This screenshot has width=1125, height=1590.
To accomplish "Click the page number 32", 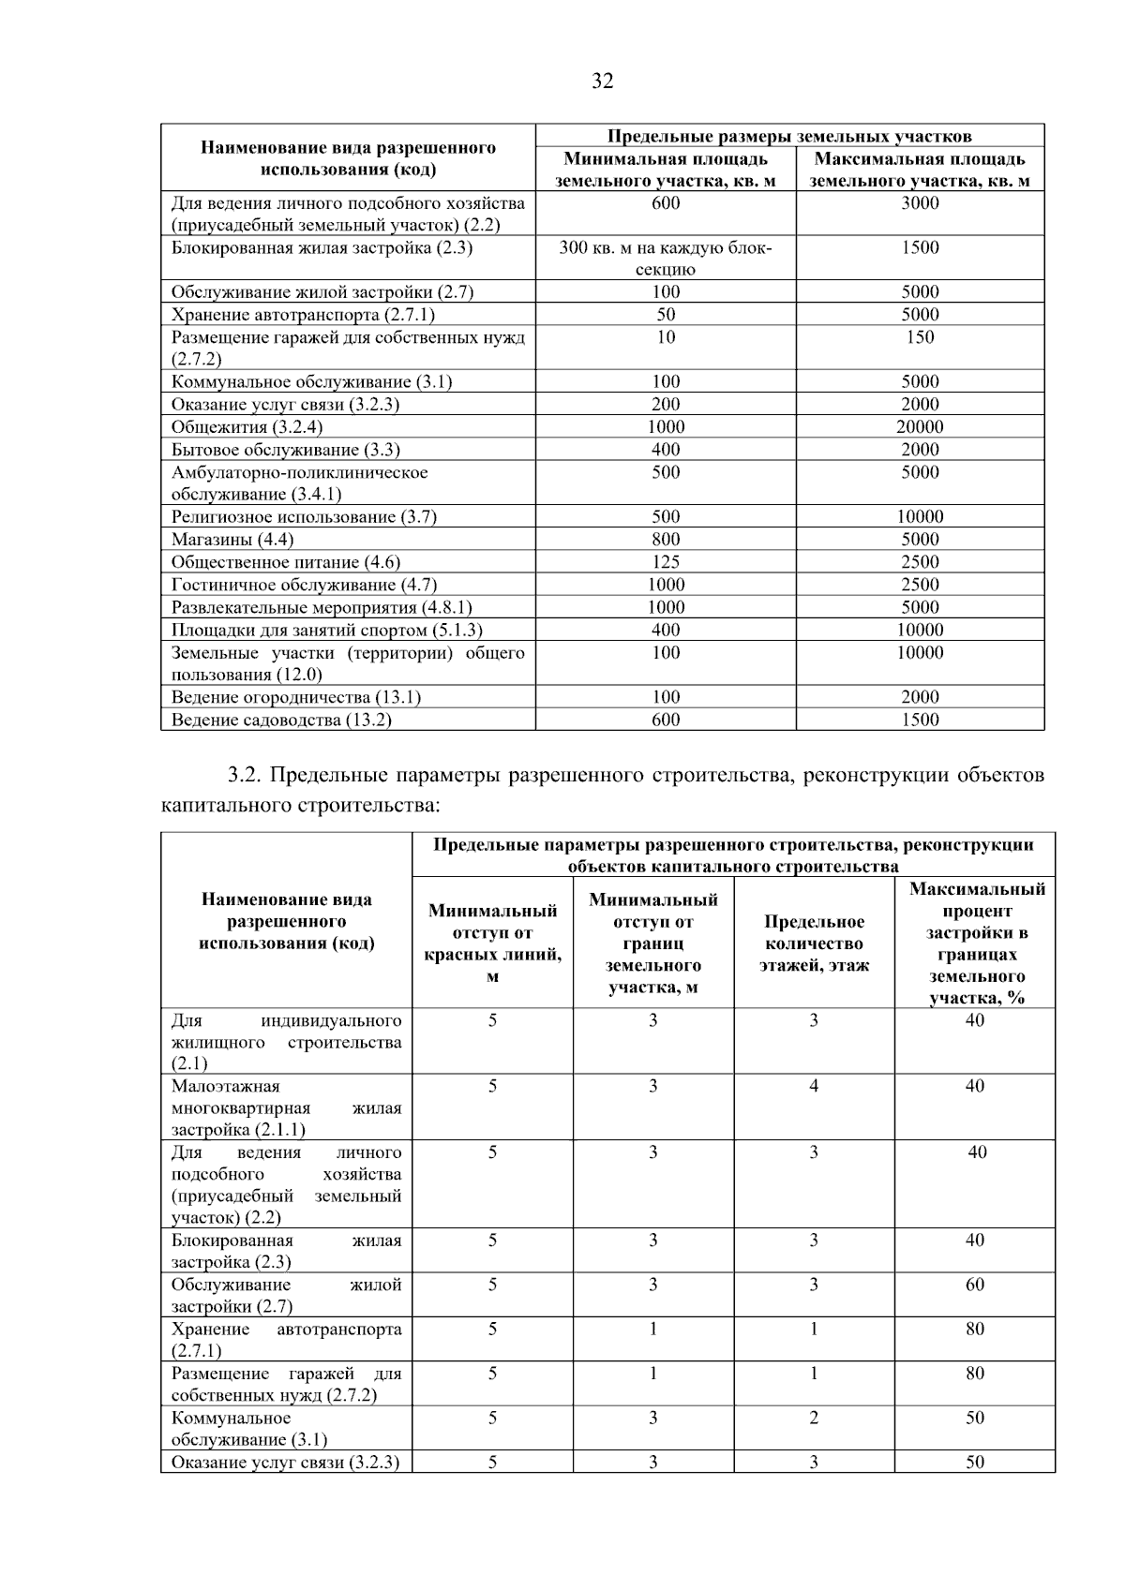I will pos(602,82).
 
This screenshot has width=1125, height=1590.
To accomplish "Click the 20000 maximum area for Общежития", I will pos(920,427).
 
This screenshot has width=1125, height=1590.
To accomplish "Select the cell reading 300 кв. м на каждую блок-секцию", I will pos(666,258).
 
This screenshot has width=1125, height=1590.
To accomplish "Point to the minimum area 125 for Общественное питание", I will pos(666,562).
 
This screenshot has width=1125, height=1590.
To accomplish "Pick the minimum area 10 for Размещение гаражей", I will pos(666,337).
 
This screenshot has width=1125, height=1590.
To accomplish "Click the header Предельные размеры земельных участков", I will pos(789,137).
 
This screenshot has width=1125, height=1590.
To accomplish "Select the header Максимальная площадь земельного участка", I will pos(920,170).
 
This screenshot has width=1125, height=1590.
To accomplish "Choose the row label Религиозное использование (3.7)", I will pos(304,517).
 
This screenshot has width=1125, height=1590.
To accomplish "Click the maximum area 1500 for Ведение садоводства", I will pos(920,720).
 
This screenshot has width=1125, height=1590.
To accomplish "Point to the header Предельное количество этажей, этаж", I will pos(814,944).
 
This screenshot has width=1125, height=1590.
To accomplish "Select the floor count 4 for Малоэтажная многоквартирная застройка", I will pos(814,1086).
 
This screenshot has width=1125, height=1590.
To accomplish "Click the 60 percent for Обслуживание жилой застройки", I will pos(975,1285).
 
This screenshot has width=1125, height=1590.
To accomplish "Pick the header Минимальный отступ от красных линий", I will pos(492,944).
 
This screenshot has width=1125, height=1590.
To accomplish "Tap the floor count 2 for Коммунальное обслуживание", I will pos(814,1418).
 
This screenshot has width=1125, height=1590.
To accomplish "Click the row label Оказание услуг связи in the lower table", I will pos(285,1463).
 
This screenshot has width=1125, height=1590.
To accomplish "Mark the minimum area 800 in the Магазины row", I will pos(666,540).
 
